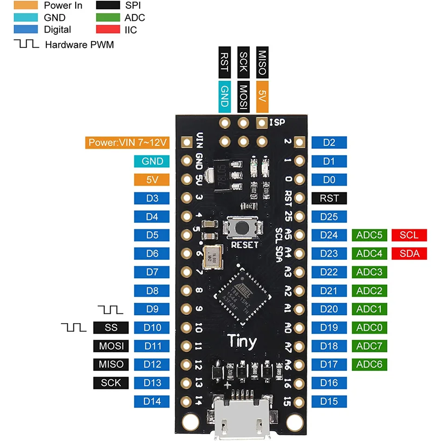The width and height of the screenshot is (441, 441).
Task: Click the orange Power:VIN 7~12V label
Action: pos(127,143)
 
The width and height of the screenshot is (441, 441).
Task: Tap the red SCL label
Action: pos(409,235)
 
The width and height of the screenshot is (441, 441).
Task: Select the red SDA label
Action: pos(409,253)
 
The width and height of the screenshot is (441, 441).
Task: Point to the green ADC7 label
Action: pos(369,346)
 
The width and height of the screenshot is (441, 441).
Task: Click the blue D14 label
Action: pos(152,402)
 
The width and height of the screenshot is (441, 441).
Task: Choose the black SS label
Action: pos(111,328)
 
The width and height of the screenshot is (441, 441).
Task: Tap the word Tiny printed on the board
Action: pos(242,342)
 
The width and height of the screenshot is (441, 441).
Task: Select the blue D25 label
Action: pos(329,217)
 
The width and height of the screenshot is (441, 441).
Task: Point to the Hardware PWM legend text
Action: pos(79,45)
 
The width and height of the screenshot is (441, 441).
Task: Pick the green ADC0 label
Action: pos(369,328)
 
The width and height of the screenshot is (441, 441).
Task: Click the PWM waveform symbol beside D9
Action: pos(110,309)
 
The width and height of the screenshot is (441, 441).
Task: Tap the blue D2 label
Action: pos(329,143)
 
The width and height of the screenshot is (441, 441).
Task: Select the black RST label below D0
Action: pos(329,198)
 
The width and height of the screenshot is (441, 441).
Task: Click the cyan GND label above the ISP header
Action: pos(225,97)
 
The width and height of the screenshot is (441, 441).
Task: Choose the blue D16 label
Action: pos(329,383)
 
